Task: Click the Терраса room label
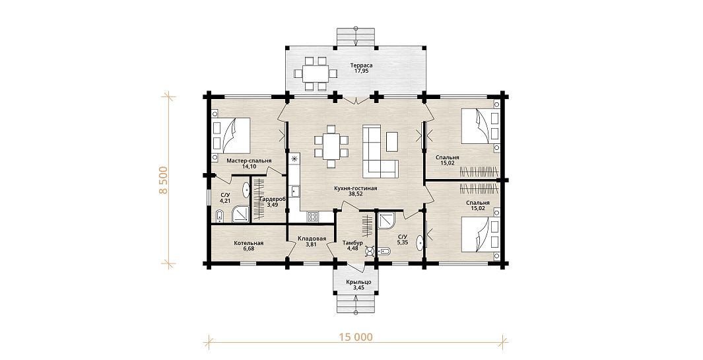361,65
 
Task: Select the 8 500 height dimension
163,180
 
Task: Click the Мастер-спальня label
249,161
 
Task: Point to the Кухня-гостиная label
356,188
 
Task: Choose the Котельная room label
248,243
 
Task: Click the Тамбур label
352,243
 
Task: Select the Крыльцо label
356,282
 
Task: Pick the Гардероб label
273,199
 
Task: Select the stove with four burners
313,217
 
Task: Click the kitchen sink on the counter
295,191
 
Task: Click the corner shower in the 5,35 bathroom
386,221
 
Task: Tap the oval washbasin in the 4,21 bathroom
247,190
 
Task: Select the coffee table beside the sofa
391,141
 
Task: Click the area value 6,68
248,249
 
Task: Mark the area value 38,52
356,194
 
